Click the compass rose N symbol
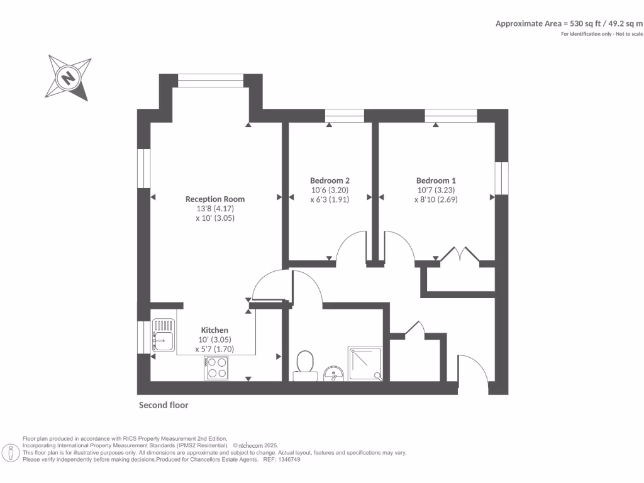pos(68,79)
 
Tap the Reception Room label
pos(215,199)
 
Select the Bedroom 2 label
pos(330,180)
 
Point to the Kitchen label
pos(214,330)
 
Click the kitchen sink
pos(163,335)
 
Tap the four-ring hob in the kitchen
pos(216,367)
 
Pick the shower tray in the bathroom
pos(365,363)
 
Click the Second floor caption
pos(164,406)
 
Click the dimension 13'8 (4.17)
pos(215,208)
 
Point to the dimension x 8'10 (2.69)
pos(436,199)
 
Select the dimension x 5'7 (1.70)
pos(214,349)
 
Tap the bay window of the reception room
pos(211,80)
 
